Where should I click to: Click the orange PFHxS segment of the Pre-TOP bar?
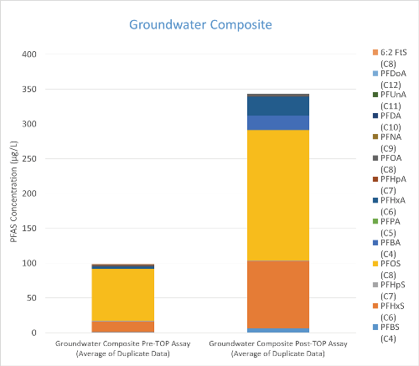122,327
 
